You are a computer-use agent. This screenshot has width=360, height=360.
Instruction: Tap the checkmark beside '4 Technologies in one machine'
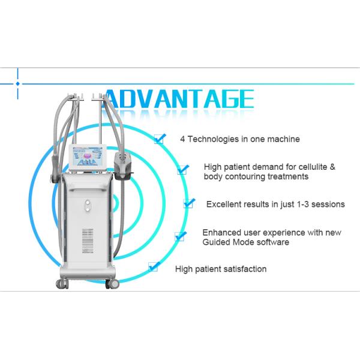coord(160,139)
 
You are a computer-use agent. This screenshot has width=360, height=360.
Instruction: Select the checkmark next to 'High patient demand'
coord(183,169)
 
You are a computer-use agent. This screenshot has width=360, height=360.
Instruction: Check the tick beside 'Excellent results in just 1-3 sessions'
coord(189,203)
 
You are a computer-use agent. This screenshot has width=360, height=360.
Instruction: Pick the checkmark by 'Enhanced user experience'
coord(181,236)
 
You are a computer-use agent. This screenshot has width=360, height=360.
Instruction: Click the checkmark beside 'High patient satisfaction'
coord(154,266)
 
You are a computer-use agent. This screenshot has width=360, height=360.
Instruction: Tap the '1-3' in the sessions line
coord(303,205)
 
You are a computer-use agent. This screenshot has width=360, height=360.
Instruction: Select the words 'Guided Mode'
coord(228,242)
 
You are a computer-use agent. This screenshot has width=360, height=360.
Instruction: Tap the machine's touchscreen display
coord(88,158)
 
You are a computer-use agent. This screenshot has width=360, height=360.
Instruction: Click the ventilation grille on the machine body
coord(88,241)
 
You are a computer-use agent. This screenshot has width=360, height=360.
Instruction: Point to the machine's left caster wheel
coord(62,284)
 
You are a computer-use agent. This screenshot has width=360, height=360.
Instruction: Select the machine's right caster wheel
coord(112,284)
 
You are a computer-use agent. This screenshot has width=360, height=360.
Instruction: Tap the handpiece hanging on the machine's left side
coord(56,169)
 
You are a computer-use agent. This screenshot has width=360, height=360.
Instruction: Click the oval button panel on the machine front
coord(88,206)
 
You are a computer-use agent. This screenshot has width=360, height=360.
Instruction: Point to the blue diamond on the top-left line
coord(17,84)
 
